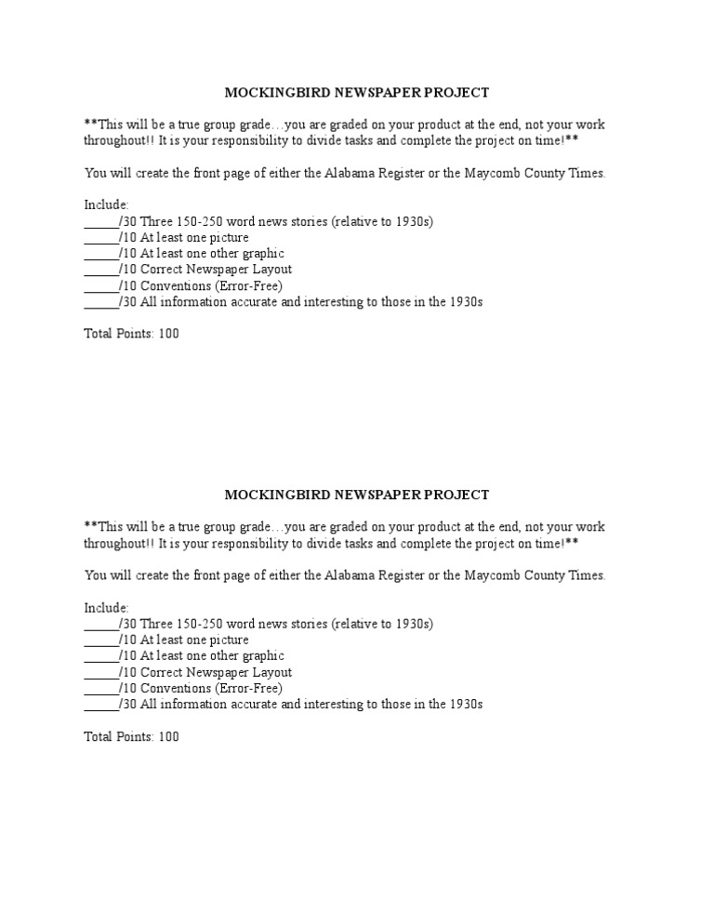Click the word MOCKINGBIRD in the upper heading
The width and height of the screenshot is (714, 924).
[267, 93]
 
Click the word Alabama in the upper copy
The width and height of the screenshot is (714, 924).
[349, 174]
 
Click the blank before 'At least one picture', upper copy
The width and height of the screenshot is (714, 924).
[100, 238]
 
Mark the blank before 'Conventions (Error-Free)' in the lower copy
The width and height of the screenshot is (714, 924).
[100, 689]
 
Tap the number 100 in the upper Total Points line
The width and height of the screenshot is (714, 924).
[168, 335]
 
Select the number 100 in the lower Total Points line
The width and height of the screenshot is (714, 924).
[168, 737]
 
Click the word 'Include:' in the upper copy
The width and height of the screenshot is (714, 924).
[107, 205]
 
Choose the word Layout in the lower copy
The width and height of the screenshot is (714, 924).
[271, 672]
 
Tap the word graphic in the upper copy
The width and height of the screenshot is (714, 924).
[261, 254]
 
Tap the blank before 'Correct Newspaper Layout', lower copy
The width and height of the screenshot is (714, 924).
[100, 673]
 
